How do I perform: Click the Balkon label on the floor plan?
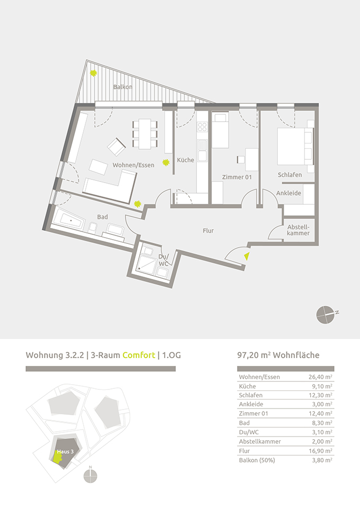pyautogui.click(x=123, y=87)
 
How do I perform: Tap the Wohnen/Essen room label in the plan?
pyautogui.click(x=133, y=165)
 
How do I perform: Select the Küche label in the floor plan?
pyautogui.click(x=185, y=160)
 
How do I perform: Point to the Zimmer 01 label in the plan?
pyautogui.click(x=237, y=177)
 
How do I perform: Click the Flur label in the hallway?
pyautogui.click(x=208, y=231)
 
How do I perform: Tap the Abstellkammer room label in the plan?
pyautogui.click(x=298, y=230)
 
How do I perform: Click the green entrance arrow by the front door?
pyautogui.click(x=247, y=256)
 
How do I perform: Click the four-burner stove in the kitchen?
pyautogui.click(x=202, y=126)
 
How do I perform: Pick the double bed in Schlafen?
pyautogui.click(x=295, y=147)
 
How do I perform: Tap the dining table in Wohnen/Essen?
pyautogui.click(x=145, y=134)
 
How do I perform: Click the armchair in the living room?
pyautogui.click(x=116, y=147)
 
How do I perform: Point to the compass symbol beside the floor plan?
pyautogui.click(x=326, y=315)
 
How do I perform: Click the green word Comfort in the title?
pyautogui.click(x=139, y=355)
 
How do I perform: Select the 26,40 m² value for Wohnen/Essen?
pyautogui.click(x=320, y=377)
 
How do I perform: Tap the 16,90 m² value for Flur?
pyautogui.click(x=320, y=451)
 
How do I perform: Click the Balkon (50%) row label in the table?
pyautogui.click(x=257, y=460)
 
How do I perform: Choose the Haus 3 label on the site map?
pyautogui.click(x=65, y=451)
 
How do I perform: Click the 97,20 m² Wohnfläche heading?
pyautogui.click(x=278, y=355)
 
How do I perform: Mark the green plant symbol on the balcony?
pyautogui.click(x=94, y=74)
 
